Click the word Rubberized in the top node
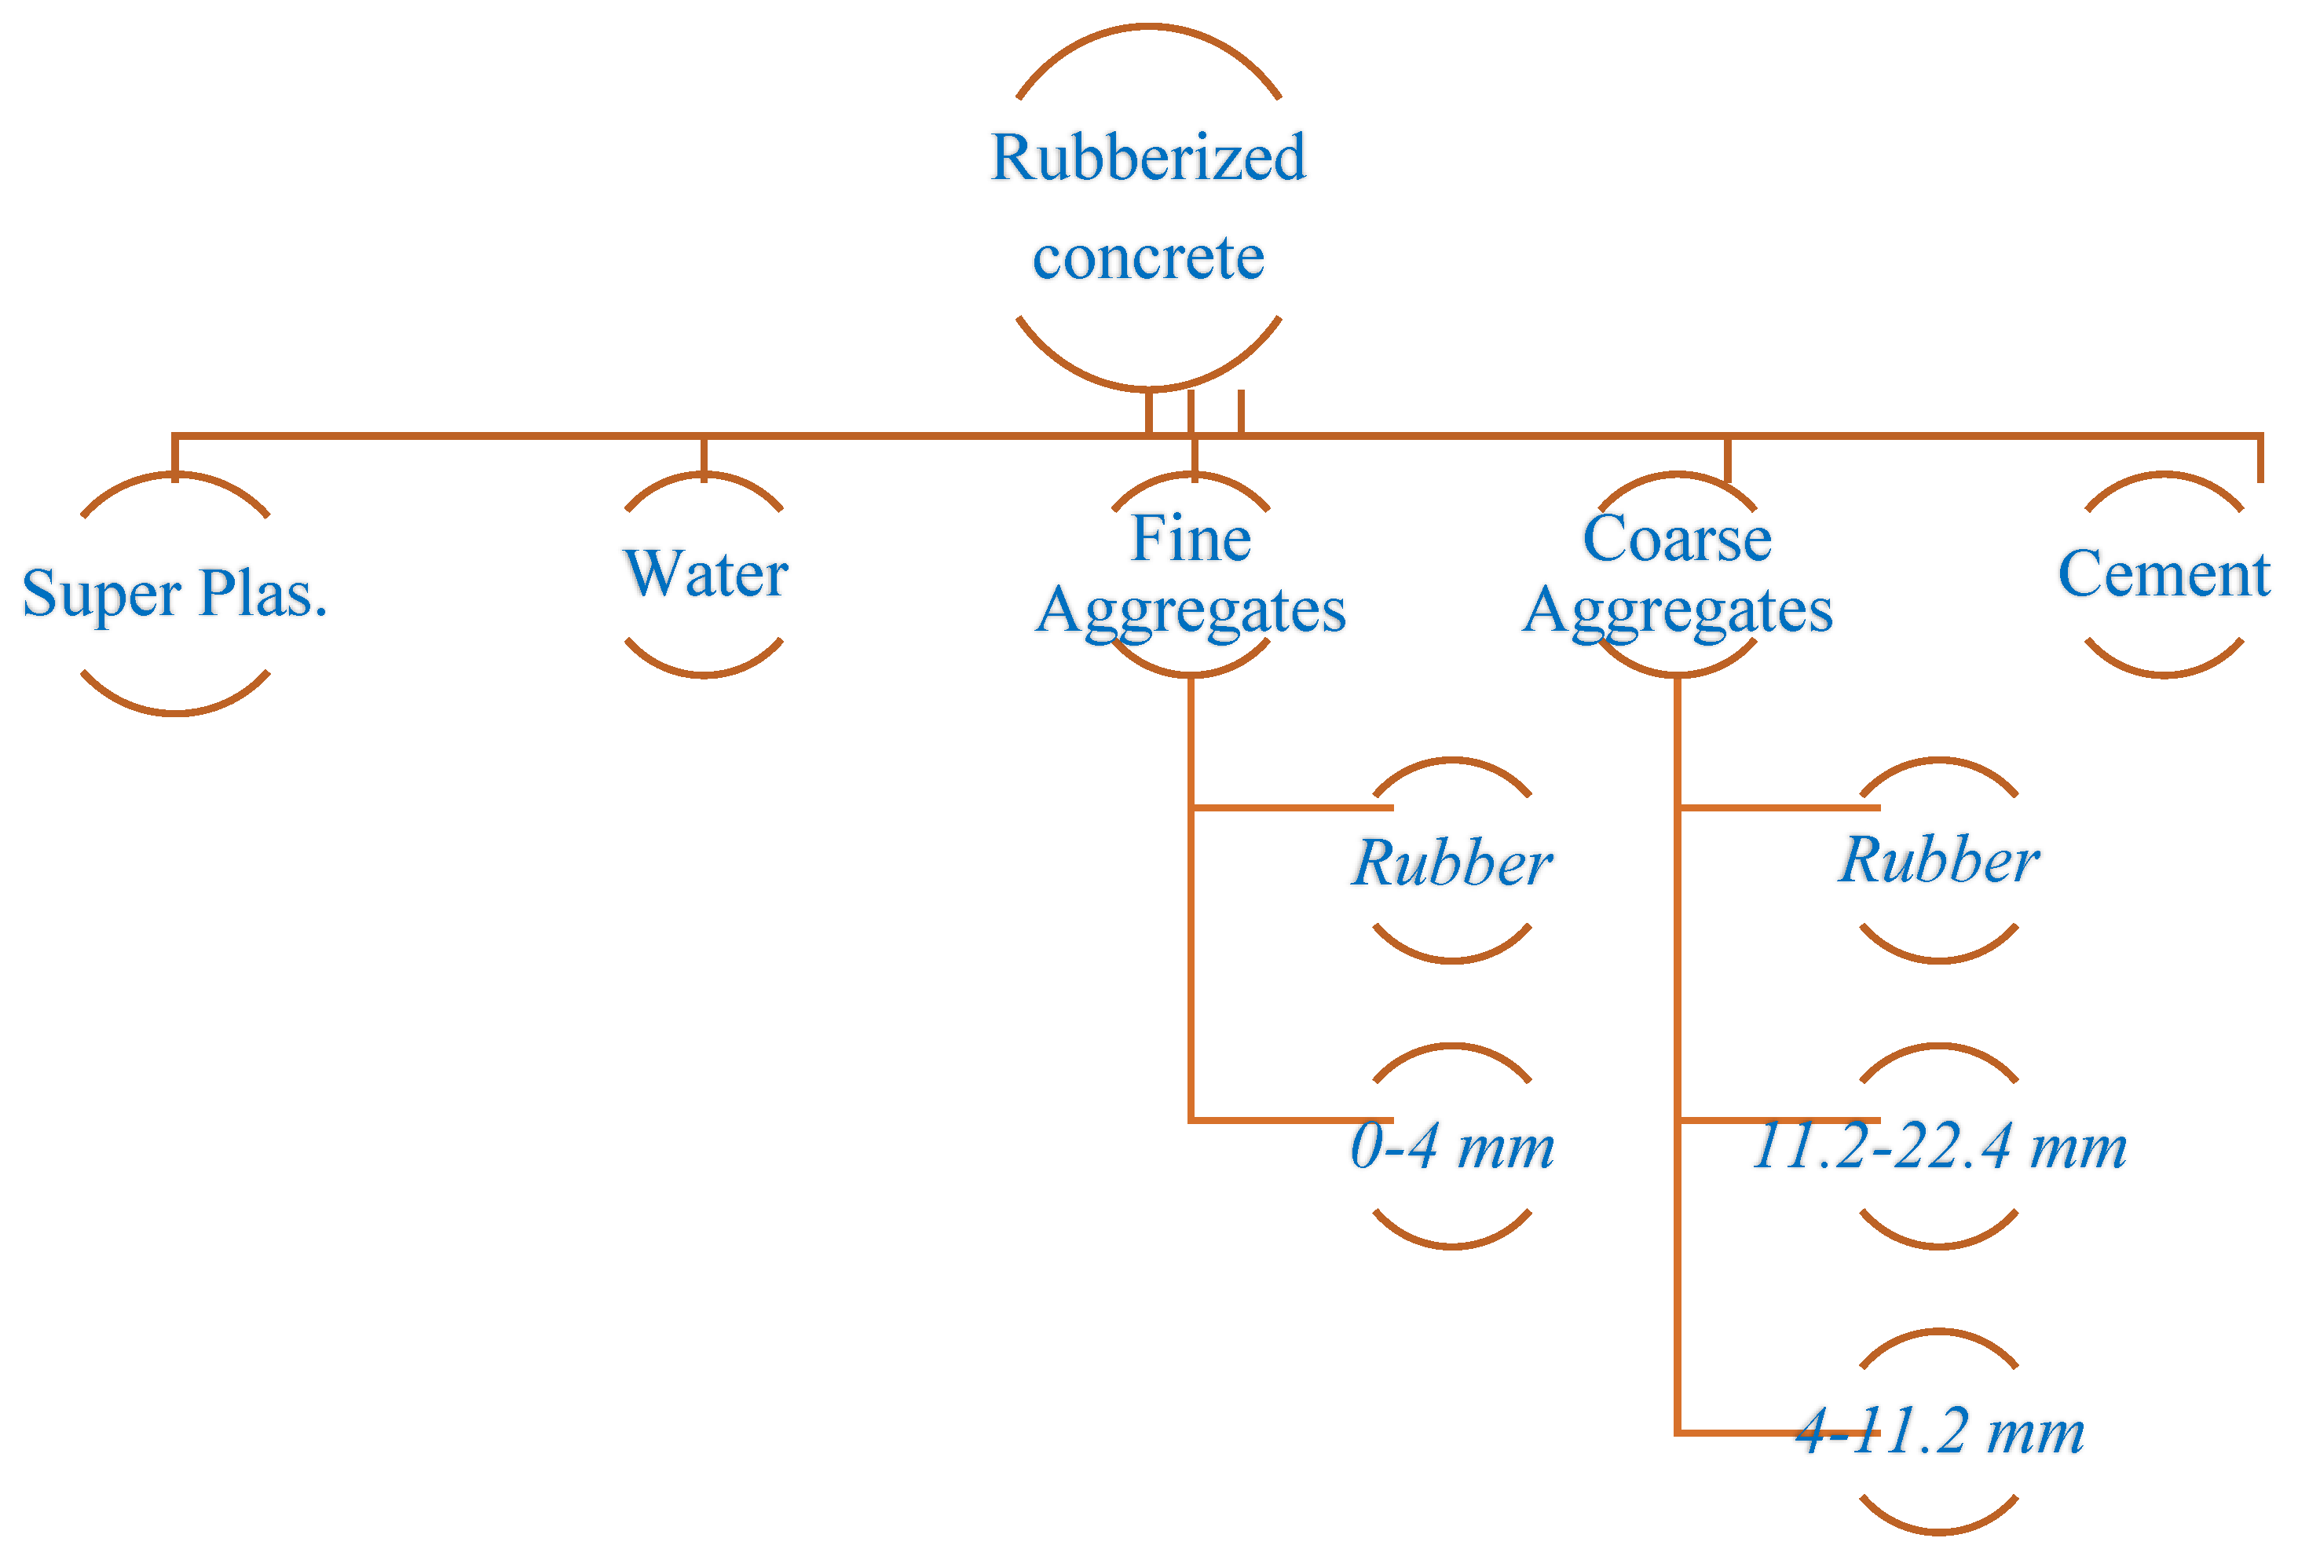click(x=1148, y=157)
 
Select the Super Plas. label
click(x=175, y=594)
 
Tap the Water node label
click(x=705, y=573)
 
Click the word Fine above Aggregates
click(x=1191, y=539)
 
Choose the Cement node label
click(x=2164, y=573)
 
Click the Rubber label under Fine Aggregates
click(x=1451, y=862)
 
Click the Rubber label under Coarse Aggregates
click(x=1938, y=859)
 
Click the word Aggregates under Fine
click(x=1191, y=610)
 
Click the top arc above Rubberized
click(x=1148, y=29)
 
